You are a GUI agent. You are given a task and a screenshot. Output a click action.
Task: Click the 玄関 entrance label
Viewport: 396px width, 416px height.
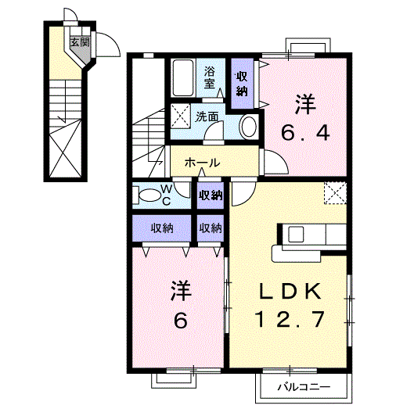coord(80,41)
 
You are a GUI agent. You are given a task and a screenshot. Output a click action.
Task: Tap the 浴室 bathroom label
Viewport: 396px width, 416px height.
coord(209,77)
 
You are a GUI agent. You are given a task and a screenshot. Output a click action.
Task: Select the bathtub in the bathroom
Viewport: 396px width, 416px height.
coord(182,77)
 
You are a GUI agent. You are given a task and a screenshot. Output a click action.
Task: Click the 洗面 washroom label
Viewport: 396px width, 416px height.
coord(207,117)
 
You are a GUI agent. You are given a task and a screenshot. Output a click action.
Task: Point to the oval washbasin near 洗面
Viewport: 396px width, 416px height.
coord(249,127)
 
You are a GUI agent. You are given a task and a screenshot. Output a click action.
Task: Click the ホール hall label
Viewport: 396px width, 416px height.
coord(203,163)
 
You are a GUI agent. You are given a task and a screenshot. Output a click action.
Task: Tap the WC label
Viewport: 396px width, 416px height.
coord(167,195)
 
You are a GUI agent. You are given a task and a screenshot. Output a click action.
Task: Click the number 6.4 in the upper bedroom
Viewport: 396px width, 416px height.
coord(305,133)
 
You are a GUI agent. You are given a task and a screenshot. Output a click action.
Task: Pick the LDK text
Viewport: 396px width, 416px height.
coord(290,292)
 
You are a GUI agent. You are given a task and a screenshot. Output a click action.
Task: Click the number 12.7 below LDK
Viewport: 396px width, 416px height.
coord(290,319)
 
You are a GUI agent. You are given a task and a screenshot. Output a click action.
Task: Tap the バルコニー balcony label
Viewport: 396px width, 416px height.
coord(304,387)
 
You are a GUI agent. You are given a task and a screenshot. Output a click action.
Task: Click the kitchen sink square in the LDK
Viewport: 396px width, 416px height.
coord(296,235)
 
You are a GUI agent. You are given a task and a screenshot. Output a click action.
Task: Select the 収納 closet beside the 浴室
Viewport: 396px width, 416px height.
coord(242,84)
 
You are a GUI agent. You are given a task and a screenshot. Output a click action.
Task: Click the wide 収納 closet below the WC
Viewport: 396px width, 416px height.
coord(162,228)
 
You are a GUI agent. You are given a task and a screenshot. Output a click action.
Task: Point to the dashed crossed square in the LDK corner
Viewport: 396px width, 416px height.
coord(335,193)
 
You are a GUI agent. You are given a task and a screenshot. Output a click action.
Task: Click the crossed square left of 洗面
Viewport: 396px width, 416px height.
coord(181,117)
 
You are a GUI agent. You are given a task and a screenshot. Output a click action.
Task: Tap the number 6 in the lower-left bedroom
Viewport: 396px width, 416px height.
coord(181,321)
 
